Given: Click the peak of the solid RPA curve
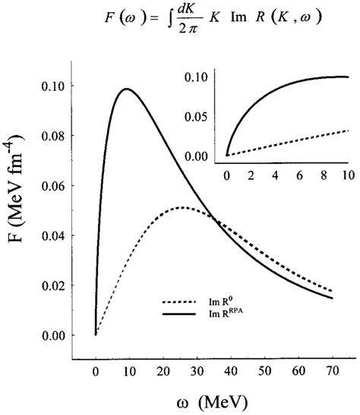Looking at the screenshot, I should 126,90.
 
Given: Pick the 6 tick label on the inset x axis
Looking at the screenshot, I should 300,174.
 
